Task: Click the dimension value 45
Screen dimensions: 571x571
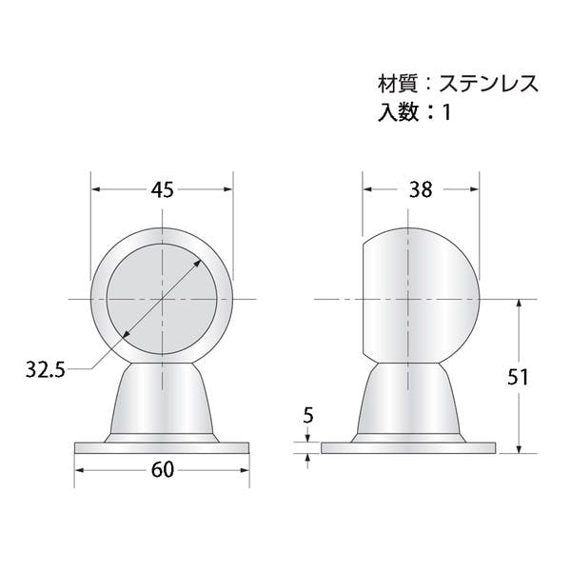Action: coord(163,189)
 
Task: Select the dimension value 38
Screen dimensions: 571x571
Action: coord(421,189)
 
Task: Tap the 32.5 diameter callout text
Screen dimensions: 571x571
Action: coord(45,370)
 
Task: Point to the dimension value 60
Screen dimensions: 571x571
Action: coord(163,470)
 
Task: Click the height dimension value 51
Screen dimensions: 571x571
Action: coord(518,377)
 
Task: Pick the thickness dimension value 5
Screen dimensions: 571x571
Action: coord(308,415)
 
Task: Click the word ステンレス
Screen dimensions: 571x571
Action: coord(488,84)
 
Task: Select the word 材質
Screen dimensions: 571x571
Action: coord(397,84)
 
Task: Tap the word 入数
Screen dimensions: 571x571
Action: coord(398,111)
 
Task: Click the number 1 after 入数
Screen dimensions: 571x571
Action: coord(447,112)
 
